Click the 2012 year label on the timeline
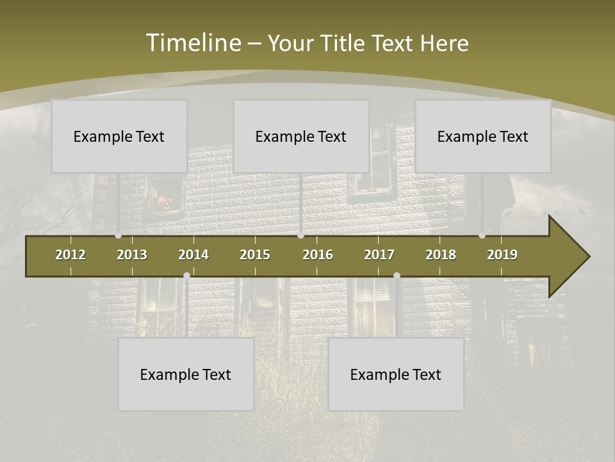tap(70, 255)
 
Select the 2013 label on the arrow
tap(132, 255)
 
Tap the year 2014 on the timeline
tap(193, 255)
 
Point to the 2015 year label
tap(255, 255)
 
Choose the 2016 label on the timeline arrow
tap(318, 255)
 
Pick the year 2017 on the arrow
tap(379, 255)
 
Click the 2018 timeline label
tap(441, 255)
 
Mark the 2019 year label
tap(502, 255)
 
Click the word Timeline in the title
tap(193, 43)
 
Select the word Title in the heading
tap(343, 43)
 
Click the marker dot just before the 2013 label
tap(118, 235)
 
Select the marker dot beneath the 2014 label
tap(186, 275)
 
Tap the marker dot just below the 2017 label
tap(397, 275)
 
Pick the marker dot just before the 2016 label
tap(300, 235)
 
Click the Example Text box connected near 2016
tap(301, 136)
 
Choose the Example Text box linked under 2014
tap(186, 374)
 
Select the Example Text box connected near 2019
tap(483, 136)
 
